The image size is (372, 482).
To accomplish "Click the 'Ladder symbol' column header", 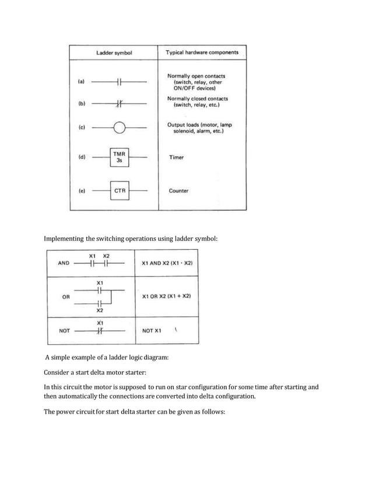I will coord(114,53).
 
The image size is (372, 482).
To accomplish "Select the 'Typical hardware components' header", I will coord(202,53).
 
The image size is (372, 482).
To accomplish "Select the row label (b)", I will coord(81,104).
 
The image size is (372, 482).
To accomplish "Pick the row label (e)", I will coord(81,190).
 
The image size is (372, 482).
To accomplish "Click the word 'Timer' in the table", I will coord(176,158).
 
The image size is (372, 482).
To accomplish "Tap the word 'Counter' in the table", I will coord(178,190).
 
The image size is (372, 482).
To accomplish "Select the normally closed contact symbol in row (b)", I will coord(120,104).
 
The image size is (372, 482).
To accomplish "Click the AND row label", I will coord(64,263).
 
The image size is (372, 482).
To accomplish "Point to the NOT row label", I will coord(65,330).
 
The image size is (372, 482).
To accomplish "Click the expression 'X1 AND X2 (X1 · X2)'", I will coord(167,263).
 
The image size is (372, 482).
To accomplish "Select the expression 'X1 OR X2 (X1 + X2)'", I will coord(166,296).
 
